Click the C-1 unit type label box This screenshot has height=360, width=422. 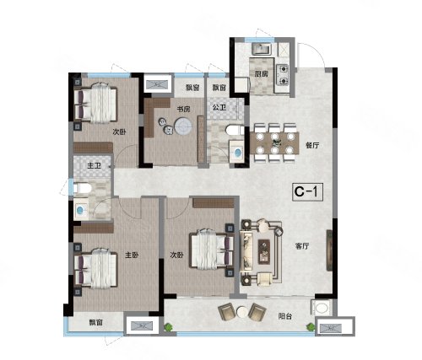click(307, 192)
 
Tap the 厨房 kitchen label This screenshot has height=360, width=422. click(261, 74)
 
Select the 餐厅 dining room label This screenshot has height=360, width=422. click(312, 146)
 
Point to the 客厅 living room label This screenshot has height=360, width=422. click(302, 246)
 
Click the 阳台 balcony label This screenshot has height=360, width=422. click(285, 316)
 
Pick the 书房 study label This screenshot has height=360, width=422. click(183, 109)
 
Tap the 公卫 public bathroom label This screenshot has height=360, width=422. click(219, 107)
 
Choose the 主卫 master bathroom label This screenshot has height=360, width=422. click(94, 165)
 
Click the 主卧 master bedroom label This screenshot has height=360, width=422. click(132, 255)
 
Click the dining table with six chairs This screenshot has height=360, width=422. click(274, 143)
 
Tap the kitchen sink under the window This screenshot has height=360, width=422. click(262, 49)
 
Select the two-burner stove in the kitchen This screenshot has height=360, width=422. click(283, 75)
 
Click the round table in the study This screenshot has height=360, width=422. click(183, 126)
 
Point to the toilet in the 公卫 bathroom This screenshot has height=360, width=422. click(235, 130)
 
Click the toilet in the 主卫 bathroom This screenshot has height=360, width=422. click(82, 188)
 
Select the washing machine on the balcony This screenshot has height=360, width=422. click(320, 308)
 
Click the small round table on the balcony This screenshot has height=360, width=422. click(242, 312)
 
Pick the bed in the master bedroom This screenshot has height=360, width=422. click(96, 269)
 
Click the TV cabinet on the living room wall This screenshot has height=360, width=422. click(329, 250)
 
